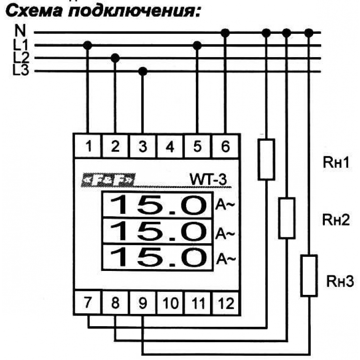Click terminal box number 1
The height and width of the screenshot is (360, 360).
(88, 147)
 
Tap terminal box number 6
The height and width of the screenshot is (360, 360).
(225, 147)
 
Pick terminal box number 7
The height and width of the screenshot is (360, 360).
(88, 303)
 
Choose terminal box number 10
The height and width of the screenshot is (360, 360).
(171, 303)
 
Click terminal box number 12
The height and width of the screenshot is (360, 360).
(225, 303)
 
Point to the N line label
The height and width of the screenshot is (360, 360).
(20, 31)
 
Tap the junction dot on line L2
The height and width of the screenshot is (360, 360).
(115, 58)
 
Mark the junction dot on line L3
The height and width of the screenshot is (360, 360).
(143, 71)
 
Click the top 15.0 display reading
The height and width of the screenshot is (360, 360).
(160, 205)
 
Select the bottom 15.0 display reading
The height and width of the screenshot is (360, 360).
(160, 257)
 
